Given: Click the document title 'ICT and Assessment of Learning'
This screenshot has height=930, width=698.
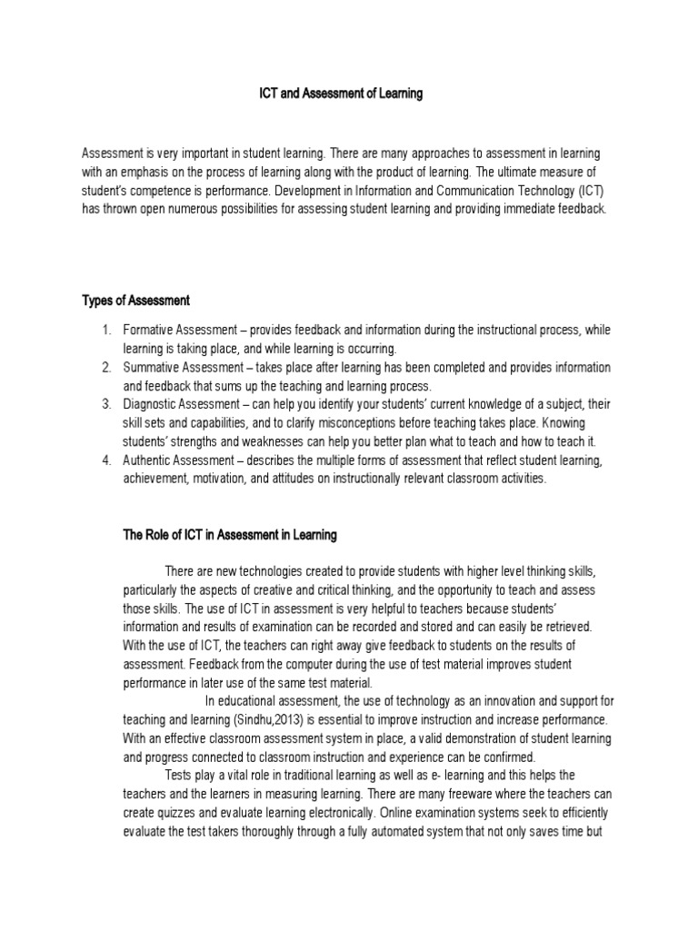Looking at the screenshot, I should (336, 94).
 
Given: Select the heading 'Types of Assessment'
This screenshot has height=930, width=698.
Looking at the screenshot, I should (135, 301).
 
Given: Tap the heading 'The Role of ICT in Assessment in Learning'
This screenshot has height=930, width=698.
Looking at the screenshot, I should (230, 535).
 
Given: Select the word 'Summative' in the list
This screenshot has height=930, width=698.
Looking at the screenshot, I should (155, 367).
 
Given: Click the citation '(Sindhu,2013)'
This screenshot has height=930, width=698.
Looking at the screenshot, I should (271, 719).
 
